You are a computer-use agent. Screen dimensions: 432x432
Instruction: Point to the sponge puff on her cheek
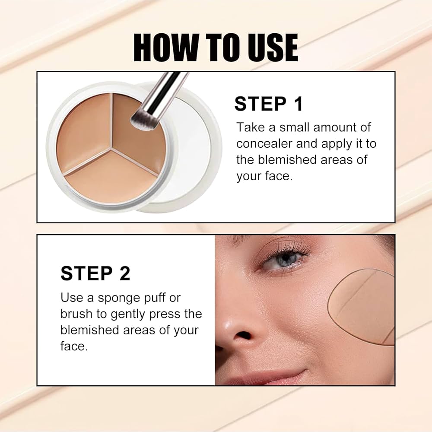(x=363, y=307)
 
